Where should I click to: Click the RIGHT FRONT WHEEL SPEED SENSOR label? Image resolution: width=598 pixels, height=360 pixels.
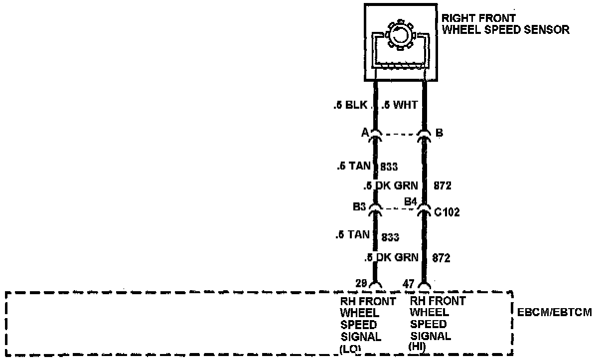pyautogui.click(x=505, y=24)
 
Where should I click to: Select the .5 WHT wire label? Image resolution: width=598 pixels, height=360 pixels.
pyautogui.click(x=399, y=106)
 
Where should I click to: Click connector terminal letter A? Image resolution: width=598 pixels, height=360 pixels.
pyautogui.click(x=365, y=133)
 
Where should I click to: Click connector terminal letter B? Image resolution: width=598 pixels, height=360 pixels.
pyautogui.click(x=439, y=133)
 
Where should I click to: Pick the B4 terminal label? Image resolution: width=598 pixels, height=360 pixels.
pyautogui.click(x=410, y=201)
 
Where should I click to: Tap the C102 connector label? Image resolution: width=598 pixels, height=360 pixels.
pyautogui.click(x=446, y=212)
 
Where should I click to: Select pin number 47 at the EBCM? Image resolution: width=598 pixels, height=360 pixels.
pyautogui.click(x=409, y=284)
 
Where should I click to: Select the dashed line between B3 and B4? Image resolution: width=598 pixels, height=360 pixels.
pyautogui.click(x=400, y=208)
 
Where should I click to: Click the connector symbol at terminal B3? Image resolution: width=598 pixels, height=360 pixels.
pyautogui.click(x=376, y=209)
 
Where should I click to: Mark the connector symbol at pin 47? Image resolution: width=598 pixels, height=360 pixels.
pyautogui.click(x=424, y=285)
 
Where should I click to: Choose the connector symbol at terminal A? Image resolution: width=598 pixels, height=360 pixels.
pyautogui.click(x=376, y=135)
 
